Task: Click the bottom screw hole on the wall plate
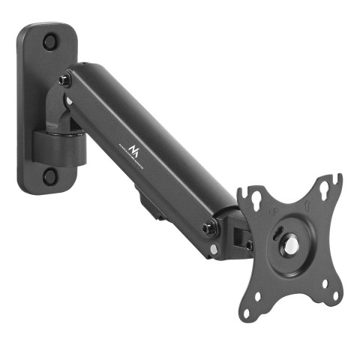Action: tap(49, 176)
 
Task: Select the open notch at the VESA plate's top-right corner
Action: tap(337, 181)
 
